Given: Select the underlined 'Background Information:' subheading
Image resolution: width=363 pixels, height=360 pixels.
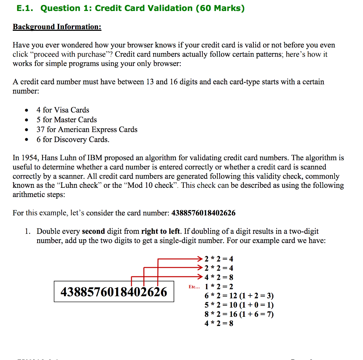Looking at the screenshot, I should (x=57, y=27).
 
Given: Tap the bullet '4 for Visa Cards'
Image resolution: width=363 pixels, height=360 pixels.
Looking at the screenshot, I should (x=63, y=110).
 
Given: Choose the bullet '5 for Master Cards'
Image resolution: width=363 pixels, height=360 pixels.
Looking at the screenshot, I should (x=67, y=120).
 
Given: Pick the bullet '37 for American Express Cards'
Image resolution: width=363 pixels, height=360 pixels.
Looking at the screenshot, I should (x=87, y=130).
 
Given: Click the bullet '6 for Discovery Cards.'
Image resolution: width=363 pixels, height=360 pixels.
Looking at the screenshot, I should (x=73, y=140).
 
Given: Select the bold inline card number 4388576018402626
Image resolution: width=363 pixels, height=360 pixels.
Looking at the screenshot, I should (x=203, y=213).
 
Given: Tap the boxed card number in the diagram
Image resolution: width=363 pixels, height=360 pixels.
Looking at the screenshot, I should (x=114, y=292).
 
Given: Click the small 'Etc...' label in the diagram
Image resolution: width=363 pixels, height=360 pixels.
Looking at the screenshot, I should (x=194, y=287).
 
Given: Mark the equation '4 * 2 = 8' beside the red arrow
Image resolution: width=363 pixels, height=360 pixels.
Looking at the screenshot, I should (x=219, y=277).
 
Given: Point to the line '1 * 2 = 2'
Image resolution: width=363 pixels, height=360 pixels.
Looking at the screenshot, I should (x=219, y=287).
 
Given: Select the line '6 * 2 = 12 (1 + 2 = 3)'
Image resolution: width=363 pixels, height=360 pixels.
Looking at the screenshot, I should (x=239, y=296).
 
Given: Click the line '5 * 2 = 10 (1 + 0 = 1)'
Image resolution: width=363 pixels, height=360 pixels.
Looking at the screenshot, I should (x=239, y=305).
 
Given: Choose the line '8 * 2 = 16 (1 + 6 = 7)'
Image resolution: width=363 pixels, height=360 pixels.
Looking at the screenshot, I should (x=239, y=314).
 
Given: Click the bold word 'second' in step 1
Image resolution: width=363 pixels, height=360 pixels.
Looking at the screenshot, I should (x=93, y=231).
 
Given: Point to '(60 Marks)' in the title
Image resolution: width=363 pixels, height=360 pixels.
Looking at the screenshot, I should (x=220, y=9).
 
